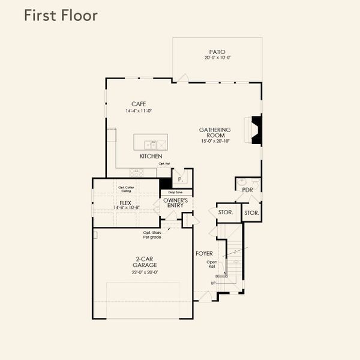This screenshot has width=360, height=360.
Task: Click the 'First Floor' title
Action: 60,16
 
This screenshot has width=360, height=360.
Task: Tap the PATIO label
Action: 217,52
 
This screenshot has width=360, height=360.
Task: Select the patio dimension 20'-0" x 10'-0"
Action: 217,58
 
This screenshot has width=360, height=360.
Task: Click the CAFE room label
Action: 139,104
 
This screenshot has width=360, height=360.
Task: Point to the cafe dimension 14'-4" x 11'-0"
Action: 139,111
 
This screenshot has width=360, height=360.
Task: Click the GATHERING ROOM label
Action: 216,133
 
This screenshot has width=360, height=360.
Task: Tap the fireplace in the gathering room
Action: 256,130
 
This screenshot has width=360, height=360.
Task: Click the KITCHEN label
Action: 151,156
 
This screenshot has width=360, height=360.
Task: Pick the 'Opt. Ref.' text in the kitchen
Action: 164,164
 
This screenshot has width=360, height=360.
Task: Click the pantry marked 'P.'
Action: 180,179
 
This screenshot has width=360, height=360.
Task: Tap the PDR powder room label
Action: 247,190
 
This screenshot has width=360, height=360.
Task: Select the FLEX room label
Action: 125,203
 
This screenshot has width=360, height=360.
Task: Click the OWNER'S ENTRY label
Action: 176,203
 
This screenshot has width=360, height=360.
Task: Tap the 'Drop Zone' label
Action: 176,192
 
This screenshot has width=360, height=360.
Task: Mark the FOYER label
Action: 204,254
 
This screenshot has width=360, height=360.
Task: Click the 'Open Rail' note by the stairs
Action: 212,264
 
